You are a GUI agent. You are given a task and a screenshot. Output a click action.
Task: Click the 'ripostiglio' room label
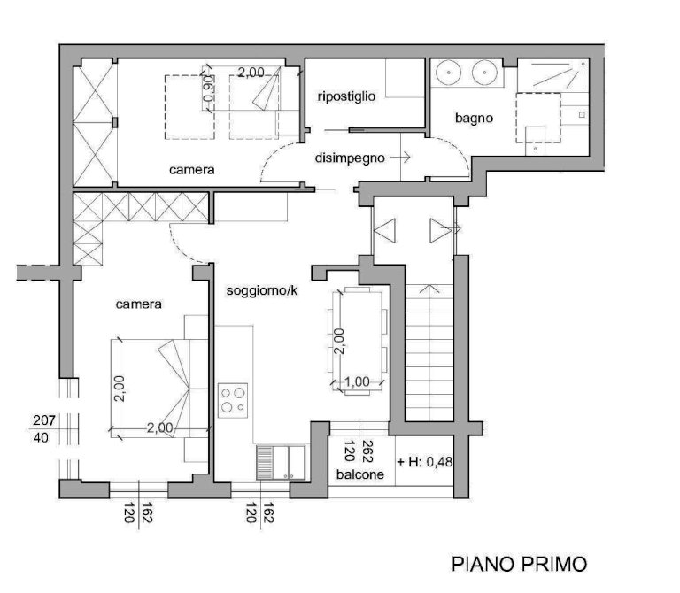click(x=346, y=96)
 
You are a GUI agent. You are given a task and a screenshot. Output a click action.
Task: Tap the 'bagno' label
click(x=474, y=118)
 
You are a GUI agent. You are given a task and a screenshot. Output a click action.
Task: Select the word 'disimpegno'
click(x=350, y=158)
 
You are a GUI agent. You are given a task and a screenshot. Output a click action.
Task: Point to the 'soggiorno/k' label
click(x=262, y=290)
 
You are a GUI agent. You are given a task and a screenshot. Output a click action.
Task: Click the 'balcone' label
click(x=360, y=474)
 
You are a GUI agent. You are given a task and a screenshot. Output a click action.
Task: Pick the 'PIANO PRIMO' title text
click(x=519, y=565)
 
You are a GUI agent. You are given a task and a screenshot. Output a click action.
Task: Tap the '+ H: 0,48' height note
click(x=425, y=462)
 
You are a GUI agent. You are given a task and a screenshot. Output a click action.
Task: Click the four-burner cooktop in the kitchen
click(x=233, y=401)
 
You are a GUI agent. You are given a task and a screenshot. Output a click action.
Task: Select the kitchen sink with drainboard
click(x=281, y=462)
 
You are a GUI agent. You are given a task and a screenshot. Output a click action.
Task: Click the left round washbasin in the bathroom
click(x=448, y=73)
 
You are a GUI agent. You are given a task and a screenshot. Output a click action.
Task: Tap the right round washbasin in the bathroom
click(x=485, y=73)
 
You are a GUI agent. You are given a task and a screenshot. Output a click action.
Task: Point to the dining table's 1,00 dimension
click(x=357, y=381)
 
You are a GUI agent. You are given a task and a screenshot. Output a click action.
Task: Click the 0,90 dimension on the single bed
click(x=209, y=89)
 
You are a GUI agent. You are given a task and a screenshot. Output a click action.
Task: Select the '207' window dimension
click(x=44, y=420)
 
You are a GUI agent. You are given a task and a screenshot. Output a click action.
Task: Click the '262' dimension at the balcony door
click(x=367, y=451)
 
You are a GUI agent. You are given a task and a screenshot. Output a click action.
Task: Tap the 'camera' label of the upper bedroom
click(x=191, y=169)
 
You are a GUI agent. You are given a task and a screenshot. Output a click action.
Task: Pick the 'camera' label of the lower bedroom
click(x=139, y=304)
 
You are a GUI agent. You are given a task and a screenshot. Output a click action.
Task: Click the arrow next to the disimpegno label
click(x=400, y=158)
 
